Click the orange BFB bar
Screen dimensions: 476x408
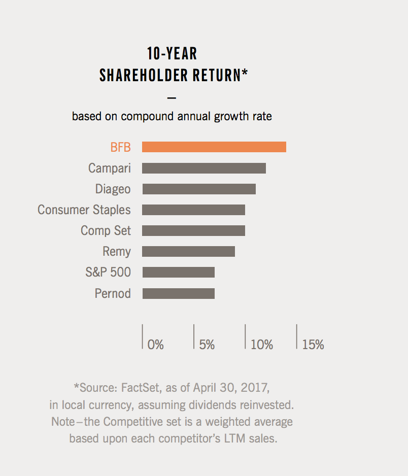pyautogui.click(x=214, y=147)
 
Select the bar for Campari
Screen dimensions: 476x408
pyautogui.click(x=203, y=168)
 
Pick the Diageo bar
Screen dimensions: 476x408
pyautogui.click(x=198, y=189)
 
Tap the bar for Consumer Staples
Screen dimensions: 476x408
pyautogui.click(x=193, y=210)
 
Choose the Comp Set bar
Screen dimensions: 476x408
pyautogui.click(x=193, y=230)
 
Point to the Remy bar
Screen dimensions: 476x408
pyautogui.click(x=188, y=251)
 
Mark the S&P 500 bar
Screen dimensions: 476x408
pyautogui.click(x=178, y=272)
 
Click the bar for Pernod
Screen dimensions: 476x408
pyautogui.click(x=178, y=293)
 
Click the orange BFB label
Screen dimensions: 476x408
pyautogui.click(x=120, y=147)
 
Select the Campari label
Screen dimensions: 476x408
pyautogui.click(x=109, y=168)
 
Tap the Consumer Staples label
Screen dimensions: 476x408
pyautogui.click(x=84, y=210)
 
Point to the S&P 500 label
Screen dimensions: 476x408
pyautogui.click(x=108, y=272)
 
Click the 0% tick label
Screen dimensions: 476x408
pyautogui.click(x=155, y=345)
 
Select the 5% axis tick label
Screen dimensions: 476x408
pyautogui.click(x=207, y=345)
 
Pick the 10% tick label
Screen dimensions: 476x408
pyautogui.click(x=262, y=345)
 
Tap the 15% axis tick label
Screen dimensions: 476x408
pyautogui.click(x=313, y=345)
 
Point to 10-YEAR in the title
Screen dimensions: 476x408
pyautogui.click(x=172, y=53)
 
